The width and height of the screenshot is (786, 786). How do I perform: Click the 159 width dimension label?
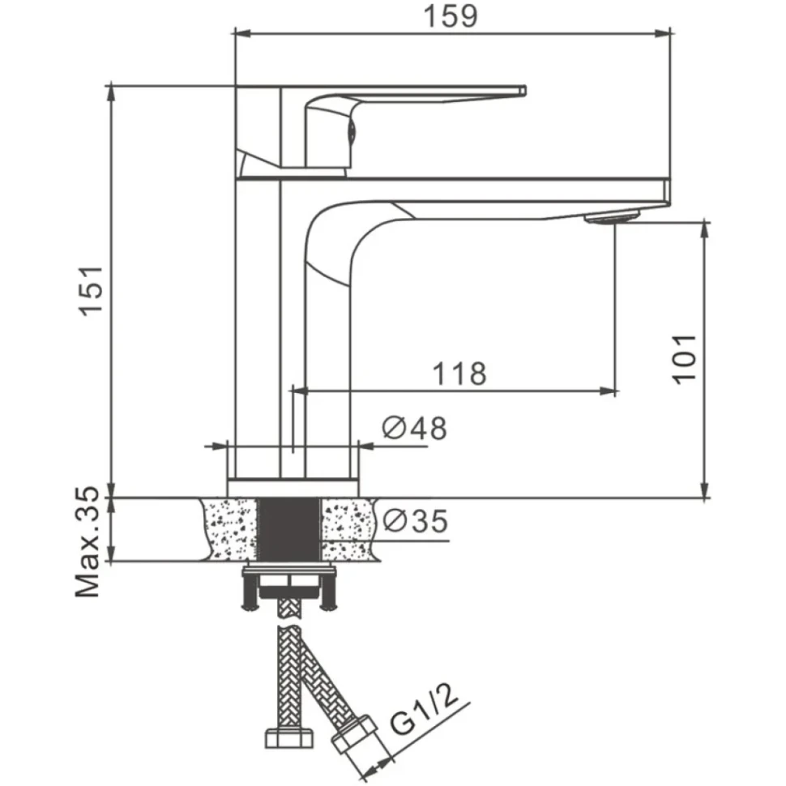451,16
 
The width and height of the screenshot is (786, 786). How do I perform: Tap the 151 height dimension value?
92,291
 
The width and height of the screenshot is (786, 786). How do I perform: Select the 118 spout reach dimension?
459,374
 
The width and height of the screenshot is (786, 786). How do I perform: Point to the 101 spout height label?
684,359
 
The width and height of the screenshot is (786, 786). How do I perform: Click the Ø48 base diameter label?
414,428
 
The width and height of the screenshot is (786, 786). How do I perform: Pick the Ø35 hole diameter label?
415,521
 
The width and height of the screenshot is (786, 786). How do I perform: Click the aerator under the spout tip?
612,218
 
